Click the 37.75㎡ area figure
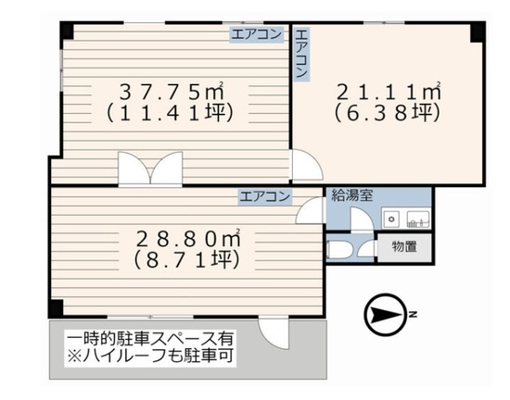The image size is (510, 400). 172,92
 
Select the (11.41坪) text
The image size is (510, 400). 170,113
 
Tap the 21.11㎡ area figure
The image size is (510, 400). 389,92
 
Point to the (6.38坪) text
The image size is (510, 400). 388,113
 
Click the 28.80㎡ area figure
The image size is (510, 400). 188,239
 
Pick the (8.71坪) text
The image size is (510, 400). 187,260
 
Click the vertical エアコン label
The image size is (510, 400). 301,54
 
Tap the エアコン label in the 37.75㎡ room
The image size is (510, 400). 257,34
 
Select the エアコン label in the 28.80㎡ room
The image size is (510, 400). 265,196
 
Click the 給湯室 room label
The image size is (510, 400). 352,195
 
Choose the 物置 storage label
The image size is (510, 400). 404,246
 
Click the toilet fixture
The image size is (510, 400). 338,249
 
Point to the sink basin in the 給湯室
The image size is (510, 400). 418,219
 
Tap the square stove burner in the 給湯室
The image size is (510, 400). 392,219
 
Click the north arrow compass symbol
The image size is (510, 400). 386,315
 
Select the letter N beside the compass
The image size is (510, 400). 413,314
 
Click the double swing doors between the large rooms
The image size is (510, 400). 150,169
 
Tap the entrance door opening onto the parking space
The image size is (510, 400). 274,333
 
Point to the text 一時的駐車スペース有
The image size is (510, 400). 150,339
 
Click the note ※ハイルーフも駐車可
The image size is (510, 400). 150,356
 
